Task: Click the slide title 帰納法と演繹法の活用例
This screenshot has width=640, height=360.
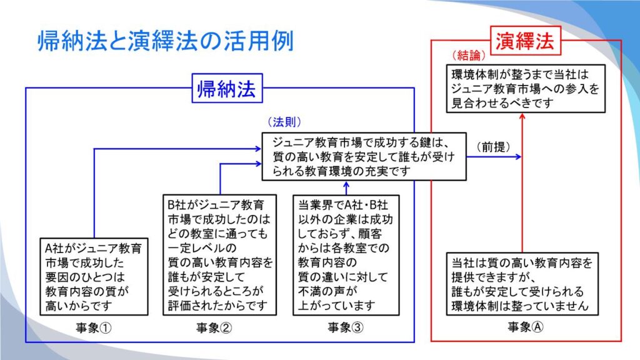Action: click(x=165, y=41)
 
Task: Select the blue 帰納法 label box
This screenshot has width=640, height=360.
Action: click(x=227, y=88)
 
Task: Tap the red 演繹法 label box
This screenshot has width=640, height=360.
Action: click(x=525, y=41)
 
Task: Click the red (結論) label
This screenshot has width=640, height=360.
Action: click(x=469, y=55)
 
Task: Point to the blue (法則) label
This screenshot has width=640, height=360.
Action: click(x=284, y=122)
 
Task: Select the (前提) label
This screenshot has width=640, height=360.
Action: click(x=494, y=147)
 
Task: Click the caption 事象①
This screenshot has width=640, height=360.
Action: click(x=94, y=327)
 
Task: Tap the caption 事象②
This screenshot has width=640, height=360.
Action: click(x=214, y=327)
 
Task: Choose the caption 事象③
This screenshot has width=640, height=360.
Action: click(x=345, y=327)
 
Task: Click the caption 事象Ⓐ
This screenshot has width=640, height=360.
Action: click(x=525, y=326)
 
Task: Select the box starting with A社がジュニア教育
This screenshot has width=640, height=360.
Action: click(x=94, y=277)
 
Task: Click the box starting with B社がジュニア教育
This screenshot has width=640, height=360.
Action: click(x=219, y=255)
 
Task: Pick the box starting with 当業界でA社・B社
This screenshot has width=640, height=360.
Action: click(x=346, y=255)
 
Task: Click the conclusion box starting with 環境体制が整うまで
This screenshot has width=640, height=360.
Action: click(x=526, y=89)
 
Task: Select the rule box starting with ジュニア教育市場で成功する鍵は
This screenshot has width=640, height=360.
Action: click(x=364, y=156)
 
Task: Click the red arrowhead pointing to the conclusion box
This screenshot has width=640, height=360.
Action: click(x=522, y=116)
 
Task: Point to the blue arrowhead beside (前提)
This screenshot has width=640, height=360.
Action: click(x=518, y=156)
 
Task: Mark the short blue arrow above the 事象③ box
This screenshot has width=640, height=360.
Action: click(x=346, y=187)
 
